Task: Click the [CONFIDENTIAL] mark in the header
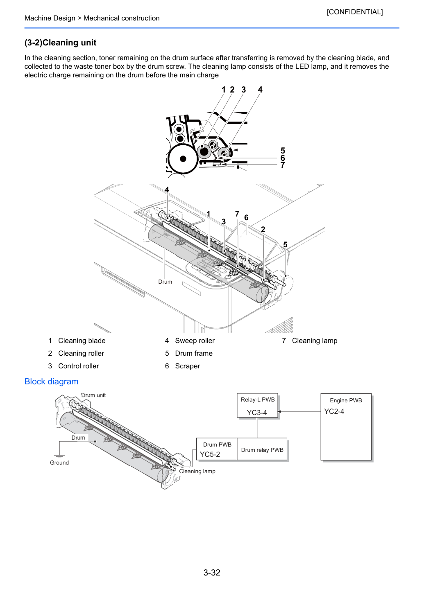tap(354, 12)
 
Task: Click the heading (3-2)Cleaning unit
tap(60, 43)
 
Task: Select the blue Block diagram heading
tap(51, 381)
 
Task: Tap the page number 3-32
tap(212, 572)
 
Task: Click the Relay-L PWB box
tap(257, 405)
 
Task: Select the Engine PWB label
tap(346, 400)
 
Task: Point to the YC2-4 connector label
tap(334, 411)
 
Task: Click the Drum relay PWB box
tap(262, 449)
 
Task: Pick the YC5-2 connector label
tap(210, 454)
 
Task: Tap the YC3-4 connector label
tap(257, 413)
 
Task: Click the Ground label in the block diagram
tap(59, 463)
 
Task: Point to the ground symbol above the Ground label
tap(59, 456)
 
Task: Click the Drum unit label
tap(93, 395)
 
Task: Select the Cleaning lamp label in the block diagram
tap(197, 471)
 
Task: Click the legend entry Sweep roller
tap(195, 341)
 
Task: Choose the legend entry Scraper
tap(187, 366)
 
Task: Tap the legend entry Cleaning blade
tap(82, 341)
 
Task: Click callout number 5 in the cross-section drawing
tap(283, 150)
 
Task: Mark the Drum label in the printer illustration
tap(165, 282)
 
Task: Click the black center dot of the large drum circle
tap(183, 159)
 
